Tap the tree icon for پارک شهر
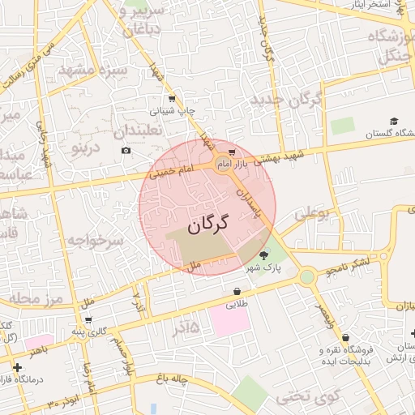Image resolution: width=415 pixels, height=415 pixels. [x=263, y=255]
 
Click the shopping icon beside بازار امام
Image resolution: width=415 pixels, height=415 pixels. [x=232, y=152]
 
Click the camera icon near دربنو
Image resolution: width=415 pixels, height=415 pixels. [x=126, y=150]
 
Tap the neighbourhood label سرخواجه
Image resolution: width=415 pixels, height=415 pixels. [x=95, y=241]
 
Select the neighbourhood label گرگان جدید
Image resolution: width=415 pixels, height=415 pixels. [x=287, y=101]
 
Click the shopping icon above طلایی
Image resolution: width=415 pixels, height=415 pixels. [x=236, y=291]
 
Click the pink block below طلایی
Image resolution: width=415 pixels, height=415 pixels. [x=230, y=320]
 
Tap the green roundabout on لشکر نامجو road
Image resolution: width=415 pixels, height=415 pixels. [x=306, y=277]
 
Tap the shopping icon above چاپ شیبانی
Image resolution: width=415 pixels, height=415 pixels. [x=172, y=99]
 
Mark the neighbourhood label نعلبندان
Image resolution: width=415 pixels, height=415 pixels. [x=138, y=130]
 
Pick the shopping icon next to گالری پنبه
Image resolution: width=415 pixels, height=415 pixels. [x=88, y=319]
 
